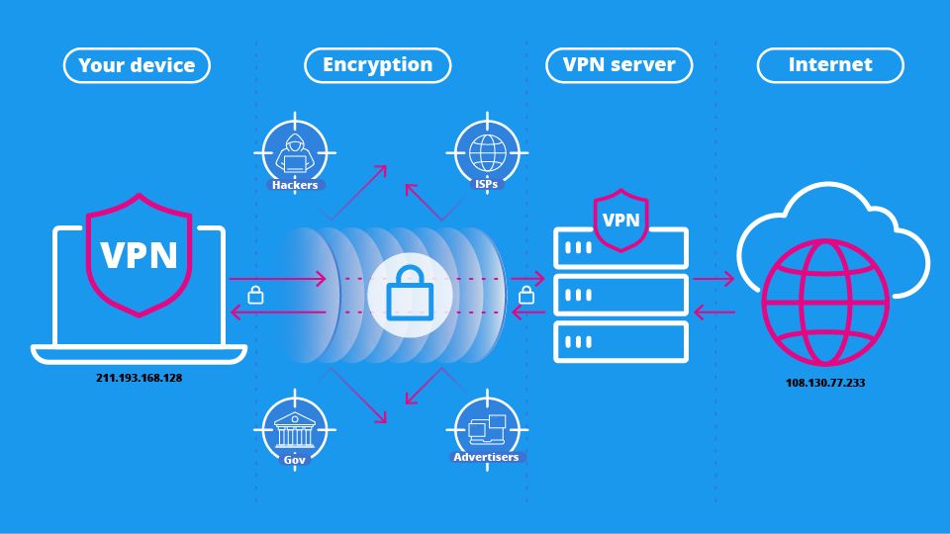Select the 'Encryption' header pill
click(x=377, y=65)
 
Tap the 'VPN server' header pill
click(x=618, y=65)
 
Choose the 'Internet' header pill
click(x=830, y=65)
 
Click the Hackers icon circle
click(x=295, y=152)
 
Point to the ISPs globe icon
click(x=487, y=152)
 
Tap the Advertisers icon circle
click(x=487, y=428)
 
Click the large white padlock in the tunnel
click(x=410, y=295)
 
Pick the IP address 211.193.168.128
click(x=140, y=378)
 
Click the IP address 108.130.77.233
click(x=824, y=382)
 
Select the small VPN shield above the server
click(x=620, y=220)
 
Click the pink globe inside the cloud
click(x=824, y=301)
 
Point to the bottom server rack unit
click(x=620, y=341)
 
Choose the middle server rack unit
click(x=620, y=295)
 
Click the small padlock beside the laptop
click(x=255, y=294)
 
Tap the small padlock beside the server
click(x=525, y=294)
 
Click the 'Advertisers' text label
click(x=486, y=457)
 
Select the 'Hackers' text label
click(x=294, y=185)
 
